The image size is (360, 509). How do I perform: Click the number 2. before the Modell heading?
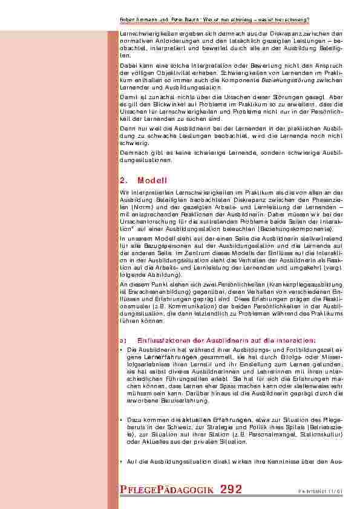coord(125,180)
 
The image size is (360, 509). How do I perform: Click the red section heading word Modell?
coord(152,180)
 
